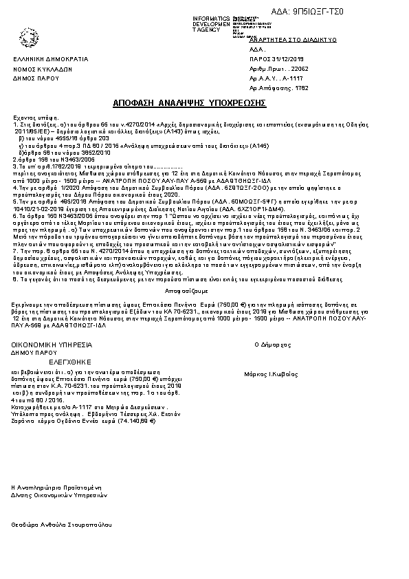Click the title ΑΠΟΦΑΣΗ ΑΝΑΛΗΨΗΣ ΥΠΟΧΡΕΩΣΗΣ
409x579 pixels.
pos(188,102)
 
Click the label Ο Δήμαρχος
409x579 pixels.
pos(270,342)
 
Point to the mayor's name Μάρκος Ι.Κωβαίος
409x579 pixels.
pos(269,375)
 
